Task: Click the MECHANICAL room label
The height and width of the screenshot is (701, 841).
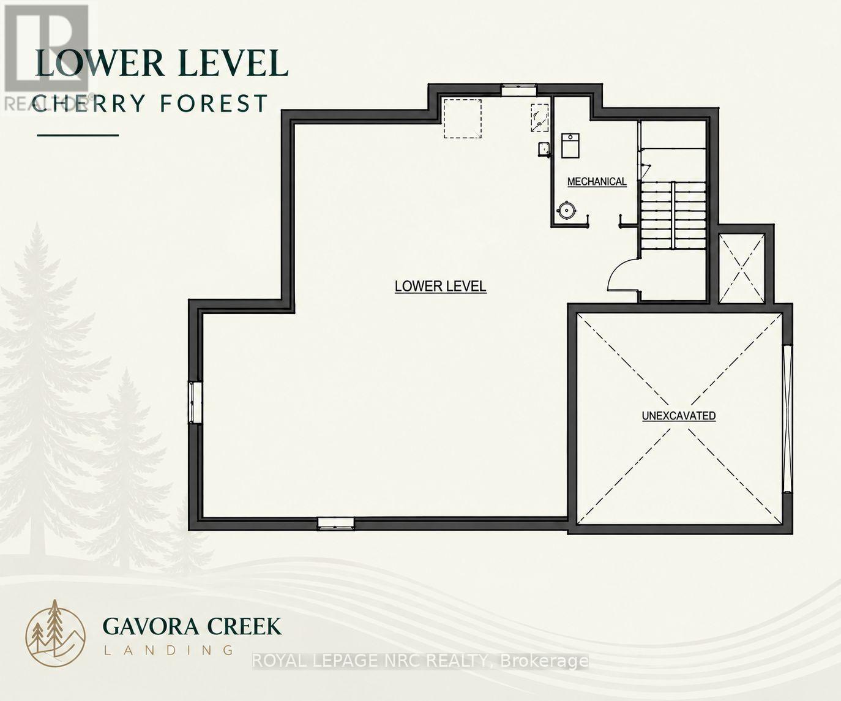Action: (x=597, y=182)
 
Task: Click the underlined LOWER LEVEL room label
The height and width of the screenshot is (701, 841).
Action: (x=440, y=286)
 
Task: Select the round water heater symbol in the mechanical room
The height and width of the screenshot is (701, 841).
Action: (x=566, y=209)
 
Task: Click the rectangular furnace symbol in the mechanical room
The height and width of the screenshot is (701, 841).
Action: (x=570, y=146)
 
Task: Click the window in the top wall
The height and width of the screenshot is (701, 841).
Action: (x=519, y=89)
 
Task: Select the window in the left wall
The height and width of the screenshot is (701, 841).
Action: (x=195, y=402)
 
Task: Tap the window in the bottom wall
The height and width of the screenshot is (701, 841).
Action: (x=335, y=523)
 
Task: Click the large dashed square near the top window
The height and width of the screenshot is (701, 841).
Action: (x=462, y=119)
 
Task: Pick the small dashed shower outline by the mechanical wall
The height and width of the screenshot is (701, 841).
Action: (x=540, y=118)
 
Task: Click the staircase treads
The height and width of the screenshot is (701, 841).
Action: (x=673, y=215)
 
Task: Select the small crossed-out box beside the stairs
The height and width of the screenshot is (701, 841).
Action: (x=741, y=268)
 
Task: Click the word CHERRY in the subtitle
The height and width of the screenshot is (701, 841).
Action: (x=88, y=103)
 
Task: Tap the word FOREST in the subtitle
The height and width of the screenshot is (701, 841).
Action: (x=214, y=103)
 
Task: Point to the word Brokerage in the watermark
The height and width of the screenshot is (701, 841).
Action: (x=544, y=661)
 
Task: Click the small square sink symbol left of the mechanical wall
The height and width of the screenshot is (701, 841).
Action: (x=544, y=149)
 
